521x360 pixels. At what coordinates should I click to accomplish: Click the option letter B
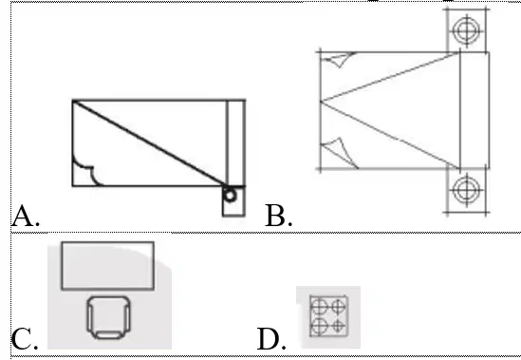coord(278,216)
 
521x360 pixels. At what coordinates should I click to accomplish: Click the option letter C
coord(24,339)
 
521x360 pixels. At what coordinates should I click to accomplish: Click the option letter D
coord(271,339)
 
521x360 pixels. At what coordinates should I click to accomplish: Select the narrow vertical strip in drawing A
coord(236,142)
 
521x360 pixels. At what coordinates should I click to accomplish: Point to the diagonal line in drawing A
coord(149,142)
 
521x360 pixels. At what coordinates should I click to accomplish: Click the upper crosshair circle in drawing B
coord(467,30)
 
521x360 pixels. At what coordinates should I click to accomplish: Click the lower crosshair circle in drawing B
coord(467,190)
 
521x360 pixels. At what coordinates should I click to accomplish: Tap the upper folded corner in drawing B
coord(339,59)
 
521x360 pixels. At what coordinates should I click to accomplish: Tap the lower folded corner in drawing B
coord(340,152)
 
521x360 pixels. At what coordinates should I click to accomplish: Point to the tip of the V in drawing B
coord(321,101)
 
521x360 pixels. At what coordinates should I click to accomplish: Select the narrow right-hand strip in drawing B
coord(474,110)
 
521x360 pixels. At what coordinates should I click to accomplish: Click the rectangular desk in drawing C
coord(107,266)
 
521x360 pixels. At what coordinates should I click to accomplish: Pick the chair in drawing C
coord(108,318)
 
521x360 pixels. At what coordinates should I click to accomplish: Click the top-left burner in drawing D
coord(320,306)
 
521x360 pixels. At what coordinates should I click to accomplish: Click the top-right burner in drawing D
coord(338,306)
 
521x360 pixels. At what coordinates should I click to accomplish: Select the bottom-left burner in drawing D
coord(320,326)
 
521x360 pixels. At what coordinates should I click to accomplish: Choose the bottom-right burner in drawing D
coord(338,326)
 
